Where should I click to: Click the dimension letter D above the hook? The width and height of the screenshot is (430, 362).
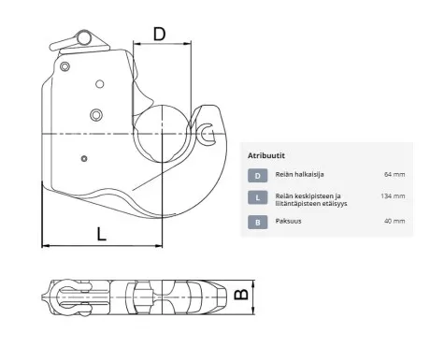coord(159,34)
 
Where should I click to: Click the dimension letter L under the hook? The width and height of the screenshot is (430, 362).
coord(102,234)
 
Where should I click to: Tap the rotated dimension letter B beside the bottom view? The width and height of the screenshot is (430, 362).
coord(241,295)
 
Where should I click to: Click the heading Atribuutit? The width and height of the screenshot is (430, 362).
coord(266,155)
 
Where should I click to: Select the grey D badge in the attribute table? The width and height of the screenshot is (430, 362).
coord(258,176)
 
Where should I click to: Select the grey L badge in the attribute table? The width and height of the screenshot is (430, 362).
coord(258,197)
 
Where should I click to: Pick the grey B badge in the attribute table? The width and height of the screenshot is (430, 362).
coord(258,223)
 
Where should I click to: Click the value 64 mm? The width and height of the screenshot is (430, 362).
coord(394,174)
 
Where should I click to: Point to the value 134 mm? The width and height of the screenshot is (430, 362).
coord(393,196)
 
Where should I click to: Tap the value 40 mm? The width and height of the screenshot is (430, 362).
coord(394,221)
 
